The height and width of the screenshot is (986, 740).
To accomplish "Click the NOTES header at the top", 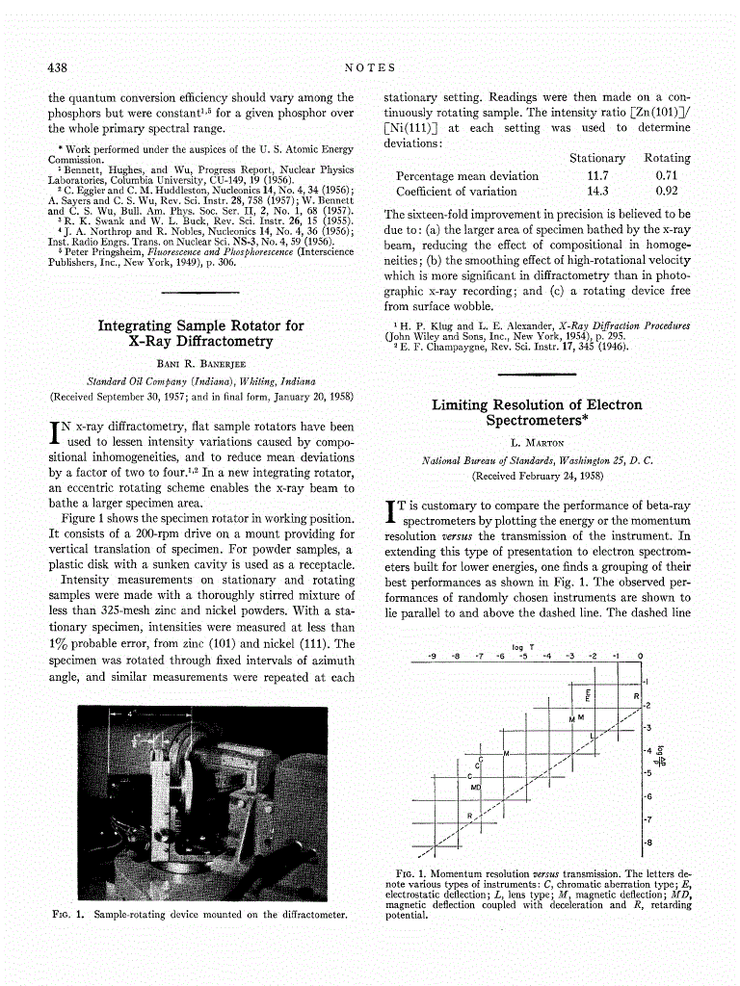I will (370, 66).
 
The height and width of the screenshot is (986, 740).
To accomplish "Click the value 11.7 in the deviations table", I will (597, 176).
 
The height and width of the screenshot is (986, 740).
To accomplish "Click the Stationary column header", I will (597, 158).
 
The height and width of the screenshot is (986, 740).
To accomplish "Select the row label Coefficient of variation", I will (457, 192).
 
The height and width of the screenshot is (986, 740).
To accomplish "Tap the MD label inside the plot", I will (475, 788).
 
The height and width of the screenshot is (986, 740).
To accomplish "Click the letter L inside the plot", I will (592, 736).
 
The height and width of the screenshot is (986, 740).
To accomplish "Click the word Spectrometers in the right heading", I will (537, 421).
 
